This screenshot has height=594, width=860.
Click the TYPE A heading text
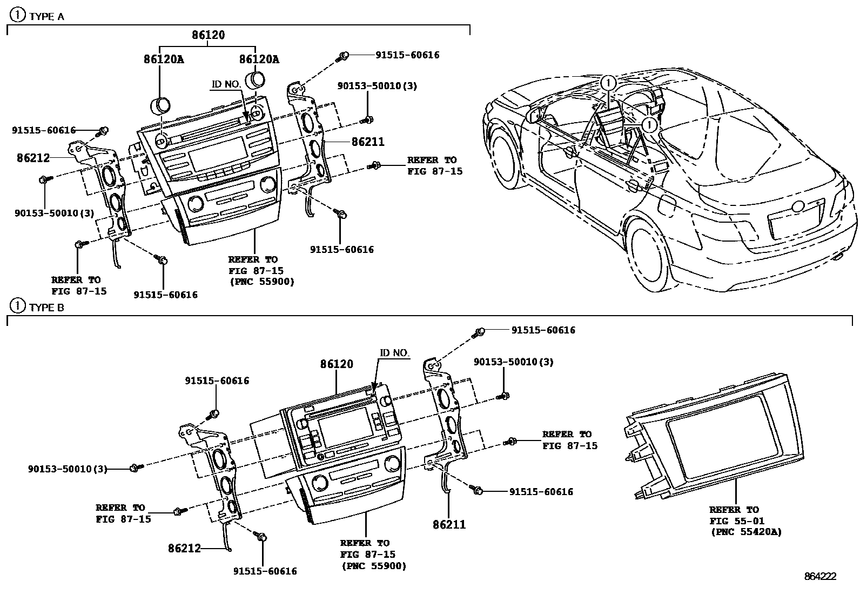point(46,16)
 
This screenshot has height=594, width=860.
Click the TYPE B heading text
point(46,307)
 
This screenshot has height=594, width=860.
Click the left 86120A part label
point(163,59)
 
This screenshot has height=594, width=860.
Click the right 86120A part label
point(259,59)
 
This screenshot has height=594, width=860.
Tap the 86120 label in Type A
point(208,35)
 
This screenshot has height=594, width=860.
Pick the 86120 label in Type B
point(337,364)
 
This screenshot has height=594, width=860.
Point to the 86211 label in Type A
point(368,142)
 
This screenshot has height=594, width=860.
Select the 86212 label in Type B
point(184,548)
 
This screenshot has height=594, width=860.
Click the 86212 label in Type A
point(33,158)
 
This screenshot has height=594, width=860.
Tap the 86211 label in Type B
point(449,524)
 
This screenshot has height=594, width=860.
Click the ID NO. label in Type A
point(225,84)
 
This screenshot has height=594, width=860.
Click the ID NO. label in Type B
point(394,353)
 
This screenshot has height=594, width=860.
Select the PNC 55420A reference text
point(745,532)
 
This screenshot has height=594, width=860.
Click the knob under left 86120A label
point(160,104)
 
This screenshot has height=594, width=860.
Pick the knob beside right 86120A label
point(255,80)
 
